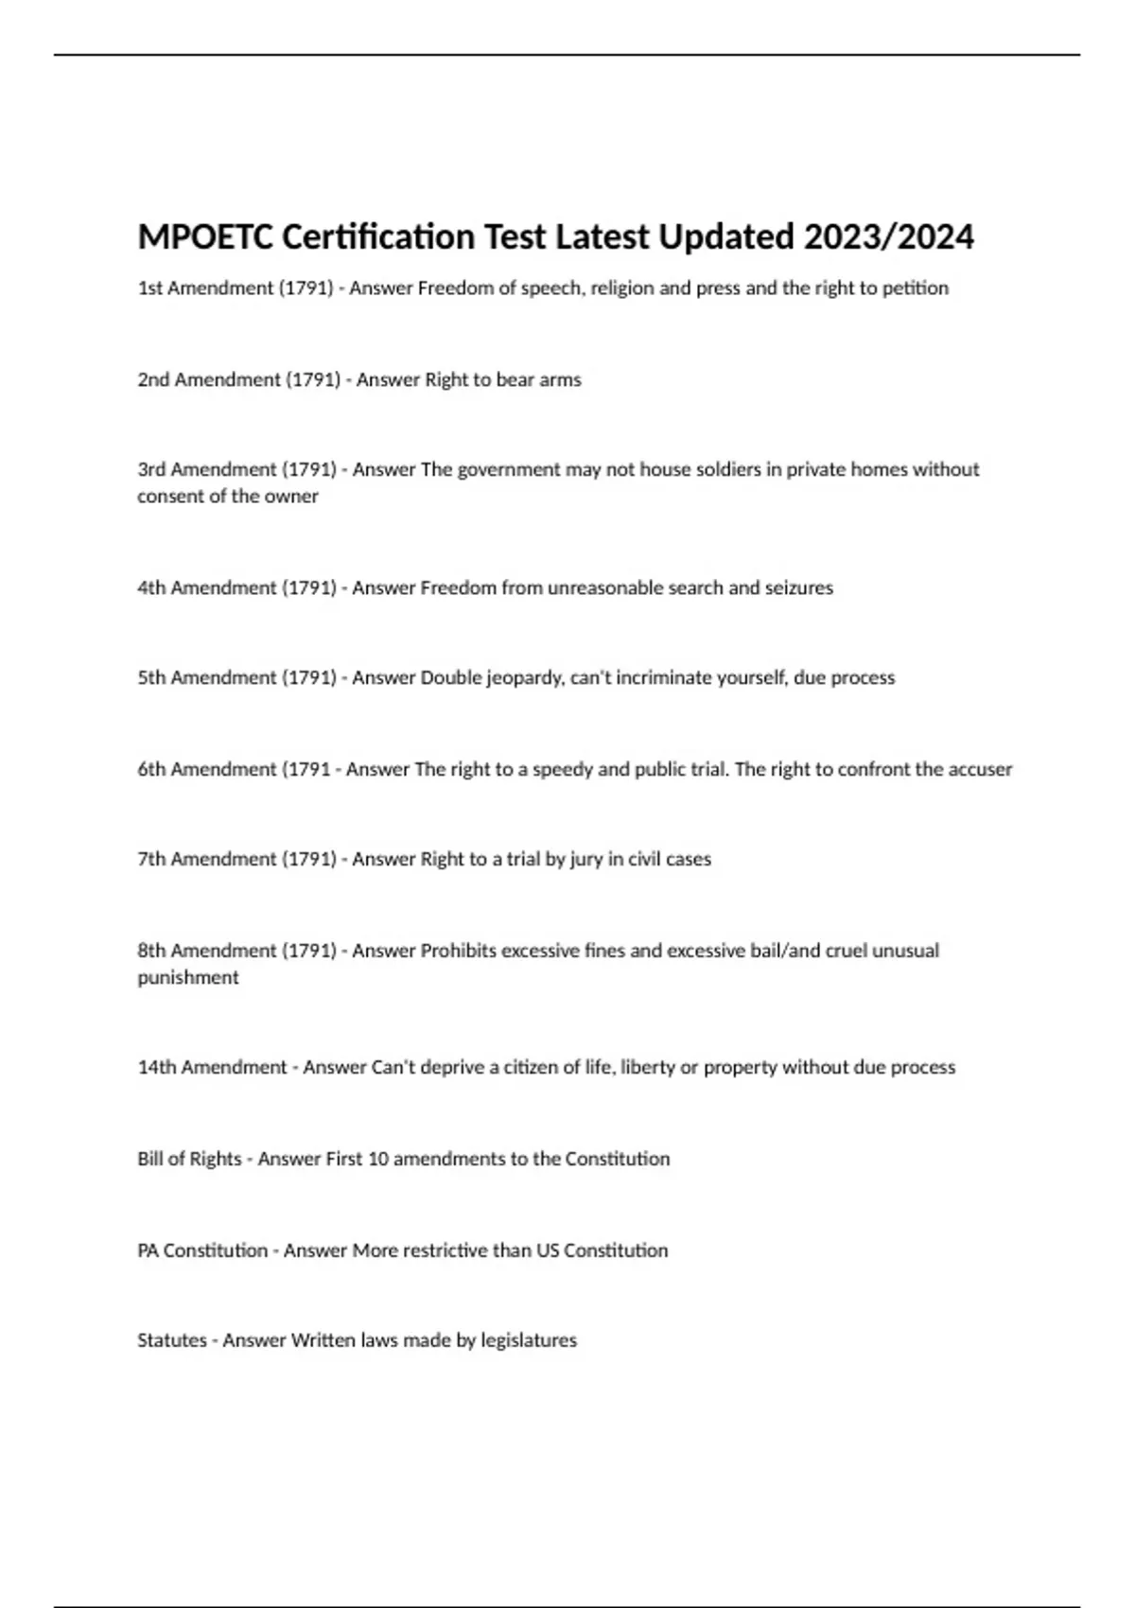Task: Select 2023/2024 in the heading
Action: click(888, 236)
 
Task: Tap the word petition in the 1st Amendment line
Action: click(915, 288)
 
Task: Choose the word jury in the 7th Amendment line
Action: click(585, 860)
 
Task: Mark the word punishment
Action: click(188, 978)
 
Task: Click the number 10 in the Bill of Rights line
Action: click(377, 1160)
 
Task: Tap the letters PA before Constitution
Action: click(148, 1251)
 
